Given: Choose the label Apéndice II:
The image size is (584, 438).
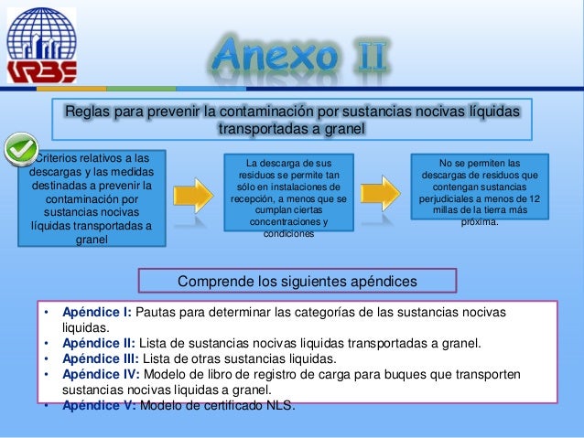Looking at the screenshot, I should pyautogui.click(x=98, y=344).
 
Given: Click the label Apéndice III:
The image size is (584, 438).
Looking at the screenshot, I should pyautogui.click(x=100, y=358).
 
